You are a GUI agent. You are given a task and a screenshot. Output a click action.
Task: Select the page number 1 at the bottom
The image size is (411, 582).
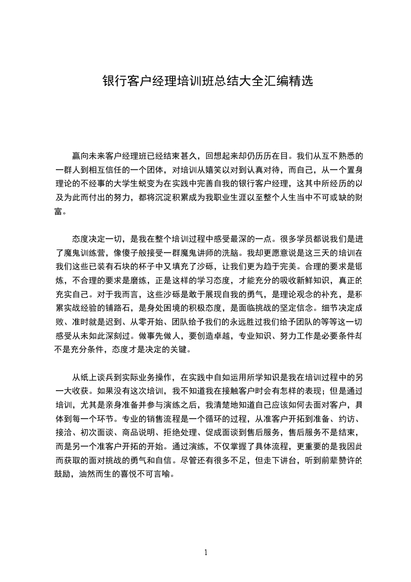(206, 552)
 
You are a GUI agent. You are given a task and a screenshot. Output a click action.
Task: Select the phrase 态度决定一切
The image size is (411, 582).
(98, 239)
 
